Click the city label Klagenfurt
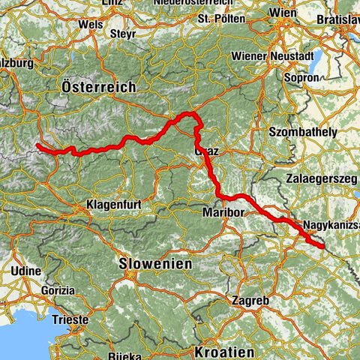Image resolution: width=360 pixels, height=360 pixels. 111,204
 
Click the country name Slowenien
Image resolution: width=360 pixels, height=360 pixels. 155,264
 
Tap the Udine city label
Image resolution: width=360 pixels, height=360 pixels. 26,270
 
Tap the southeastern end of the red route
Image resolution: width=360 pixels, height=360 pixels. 322,245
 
